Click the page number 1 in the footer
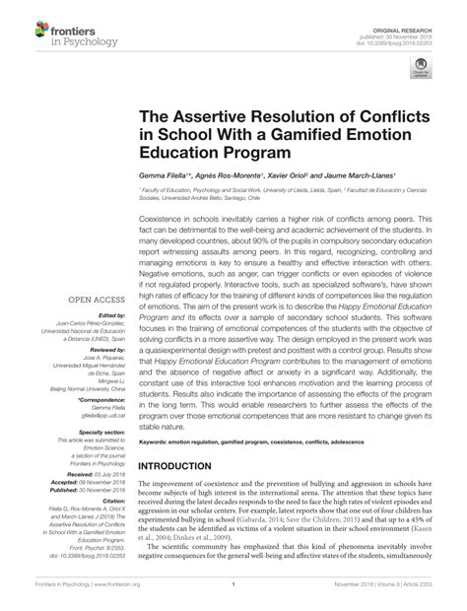(x=233, y=597)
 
